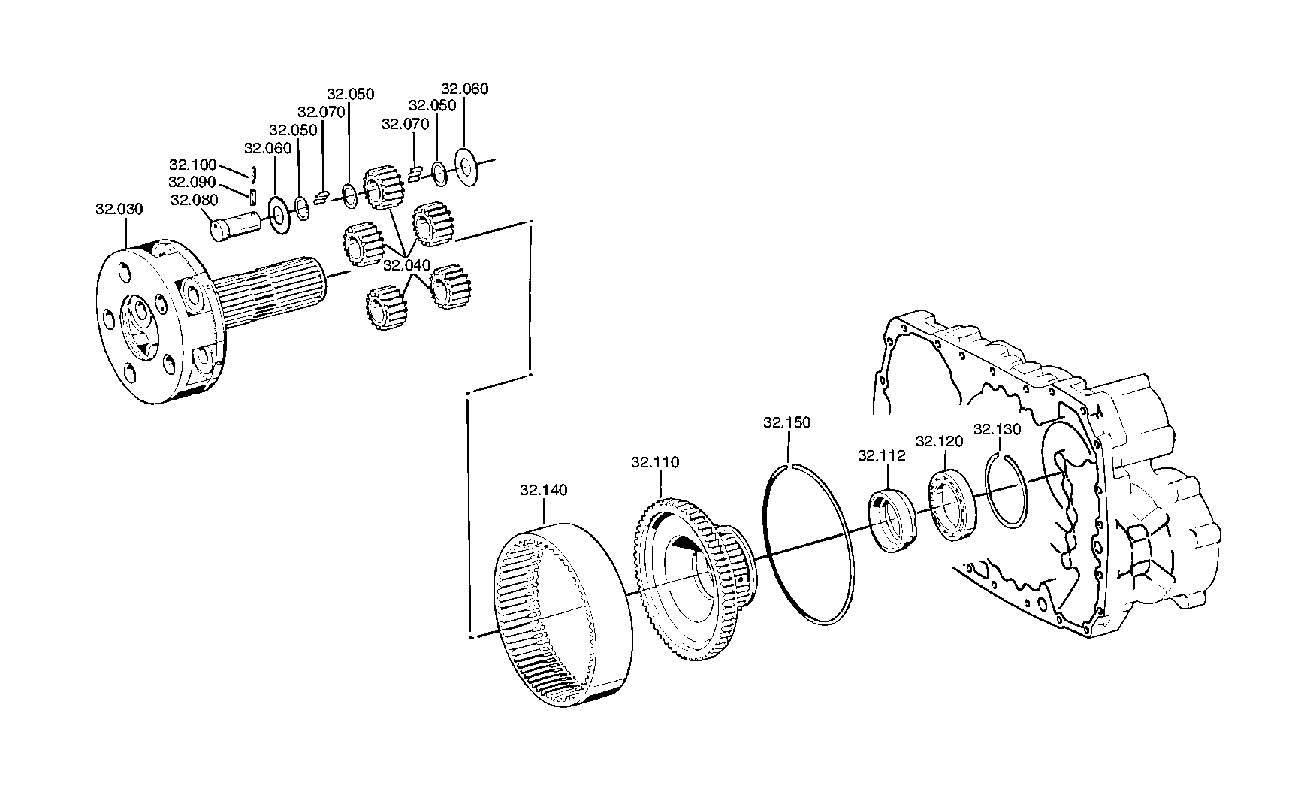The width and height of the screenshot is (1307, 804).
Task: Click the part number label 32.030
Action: pos(119,209)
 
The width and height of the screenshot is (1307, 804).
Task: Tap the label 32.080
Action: pos(194,200)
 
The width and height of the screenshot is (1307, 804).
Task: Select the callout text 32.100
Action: pos(192,165)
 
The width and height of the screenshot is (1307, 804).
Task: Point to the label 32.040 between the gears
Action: pos(406,265)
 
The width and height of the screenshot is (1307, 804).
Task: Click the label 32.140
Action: pos(544,490)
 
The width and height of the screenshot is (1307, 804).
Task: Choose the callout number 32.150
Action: pos(787,422)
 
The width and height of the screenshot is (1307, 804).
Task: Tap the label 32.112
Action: pos(882,455)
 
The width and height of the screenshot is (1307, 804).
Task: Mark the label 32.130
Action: pos(998,429)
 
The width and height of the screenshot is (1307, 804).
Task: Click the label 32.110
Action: pos(655,462)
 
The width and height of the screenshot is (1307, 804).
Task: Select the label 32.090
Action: pos(192,183)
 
